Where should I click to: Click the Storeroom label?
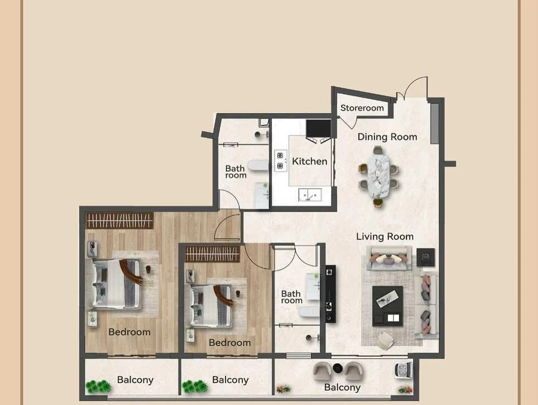pos(362,108)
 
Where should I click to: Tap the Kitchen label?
pos(310,161)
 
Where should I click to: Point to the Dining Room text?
pos(387,137)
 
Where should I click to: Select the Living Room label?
pos(385,237)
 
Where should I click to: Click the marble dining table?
pos(378,177)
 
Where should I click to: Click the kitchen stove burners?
pos(280,161)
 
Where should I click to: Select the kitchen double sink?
pos(310,195)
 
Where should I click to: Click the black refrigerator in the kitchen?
pos(319,128)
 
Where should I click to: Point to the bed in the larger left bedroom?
pos(117,283)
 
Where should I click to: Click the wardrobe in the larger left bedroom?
pos(119,220)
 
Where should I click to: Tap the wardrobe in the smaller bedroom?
pos(213,254)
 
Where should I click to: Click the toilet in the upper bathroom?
pos(258,166)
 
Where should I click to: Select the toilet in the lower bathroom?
pos(310,312)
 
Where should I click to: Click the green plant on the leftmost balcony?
pos(98,387)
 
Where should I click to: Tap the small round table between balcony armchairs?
pos(338,368)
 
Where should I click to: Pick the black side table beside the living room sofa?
pos(425,257)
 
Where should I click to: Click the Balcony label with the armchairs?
pos(342,387)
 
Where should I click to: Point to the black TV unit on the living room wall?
pos(330,293)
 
